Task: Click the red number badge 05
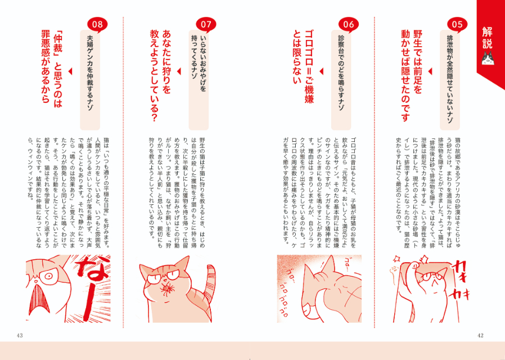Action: click(x=457, y=24)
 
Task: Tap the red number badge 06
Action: click(x=349, y=24)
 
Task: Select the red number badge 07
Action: click(x=206, y=24)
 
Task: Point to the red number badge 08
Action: click(x=97, y=24)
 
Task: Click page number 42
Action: click(x=480, y=336)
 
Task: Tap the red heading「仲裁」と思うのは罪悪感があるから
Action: click(x=52, y=70)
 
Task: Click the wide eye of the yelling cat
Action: click(x=47, y=276)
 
